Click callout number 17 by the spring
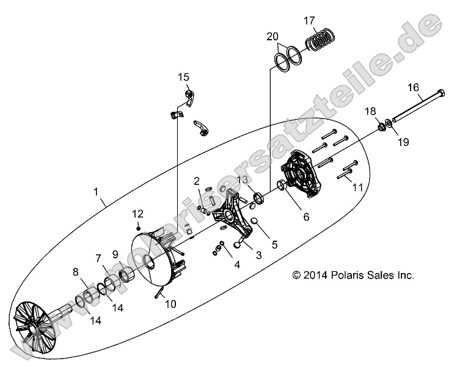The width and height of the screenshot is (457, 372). pos(309,20)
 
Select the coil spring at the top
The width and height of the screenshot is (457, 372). pos(322,40)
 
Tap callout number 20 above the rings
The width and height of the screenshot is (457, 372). pos(272,37)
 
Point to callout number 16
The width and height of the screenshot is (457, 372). pos(413,88)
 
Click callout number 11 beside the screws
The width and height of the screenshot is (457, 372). pos(357,186)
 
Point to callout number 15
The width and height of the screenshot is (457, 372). pos(184,78)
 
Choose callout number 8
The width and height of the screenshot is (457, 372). pos(76,272)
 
